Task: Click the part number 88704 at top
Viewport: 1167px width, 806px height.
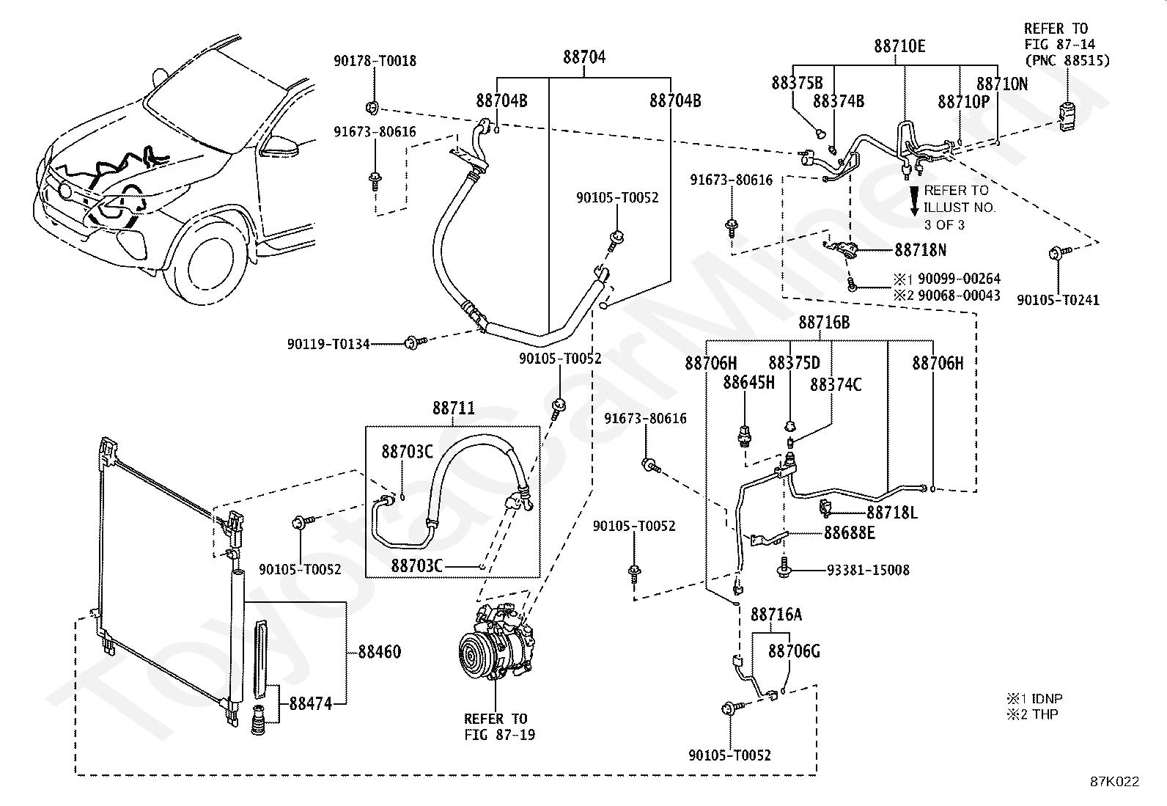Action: click(584, 57)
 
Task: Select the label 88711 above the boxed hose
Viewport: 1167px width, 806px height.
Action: click(453, 409)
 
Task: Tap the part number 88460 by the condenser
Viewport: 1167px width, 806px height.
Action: click(379, 651)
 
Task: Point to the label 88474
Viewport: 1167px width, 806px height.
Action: click(311, 703)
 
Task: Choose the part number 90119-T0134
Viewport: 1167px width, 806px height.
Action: click(328, 343)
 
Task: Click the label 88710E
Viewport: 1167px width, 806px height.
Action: click(899, 46)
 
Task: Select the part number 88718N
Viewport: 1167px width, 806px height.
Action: click(920, 250)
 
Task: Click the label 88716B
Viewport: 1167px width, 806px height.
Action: click(824, 322)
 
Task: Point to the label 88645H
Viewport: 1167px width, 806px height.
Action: click(748, 382)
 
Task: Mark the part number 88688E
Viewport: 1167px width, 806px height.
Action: click(849, 533)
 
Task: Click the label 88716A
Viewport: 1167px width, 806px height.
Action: click(776, 615)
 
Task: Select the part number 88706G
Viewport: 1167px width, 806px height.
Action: click(794, 651)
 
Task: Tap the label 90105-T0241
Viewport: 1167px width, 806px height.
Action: click(1058, 300)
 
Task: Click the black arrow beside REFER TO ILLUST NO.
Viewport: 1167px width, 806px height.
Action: click(914, 200)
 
